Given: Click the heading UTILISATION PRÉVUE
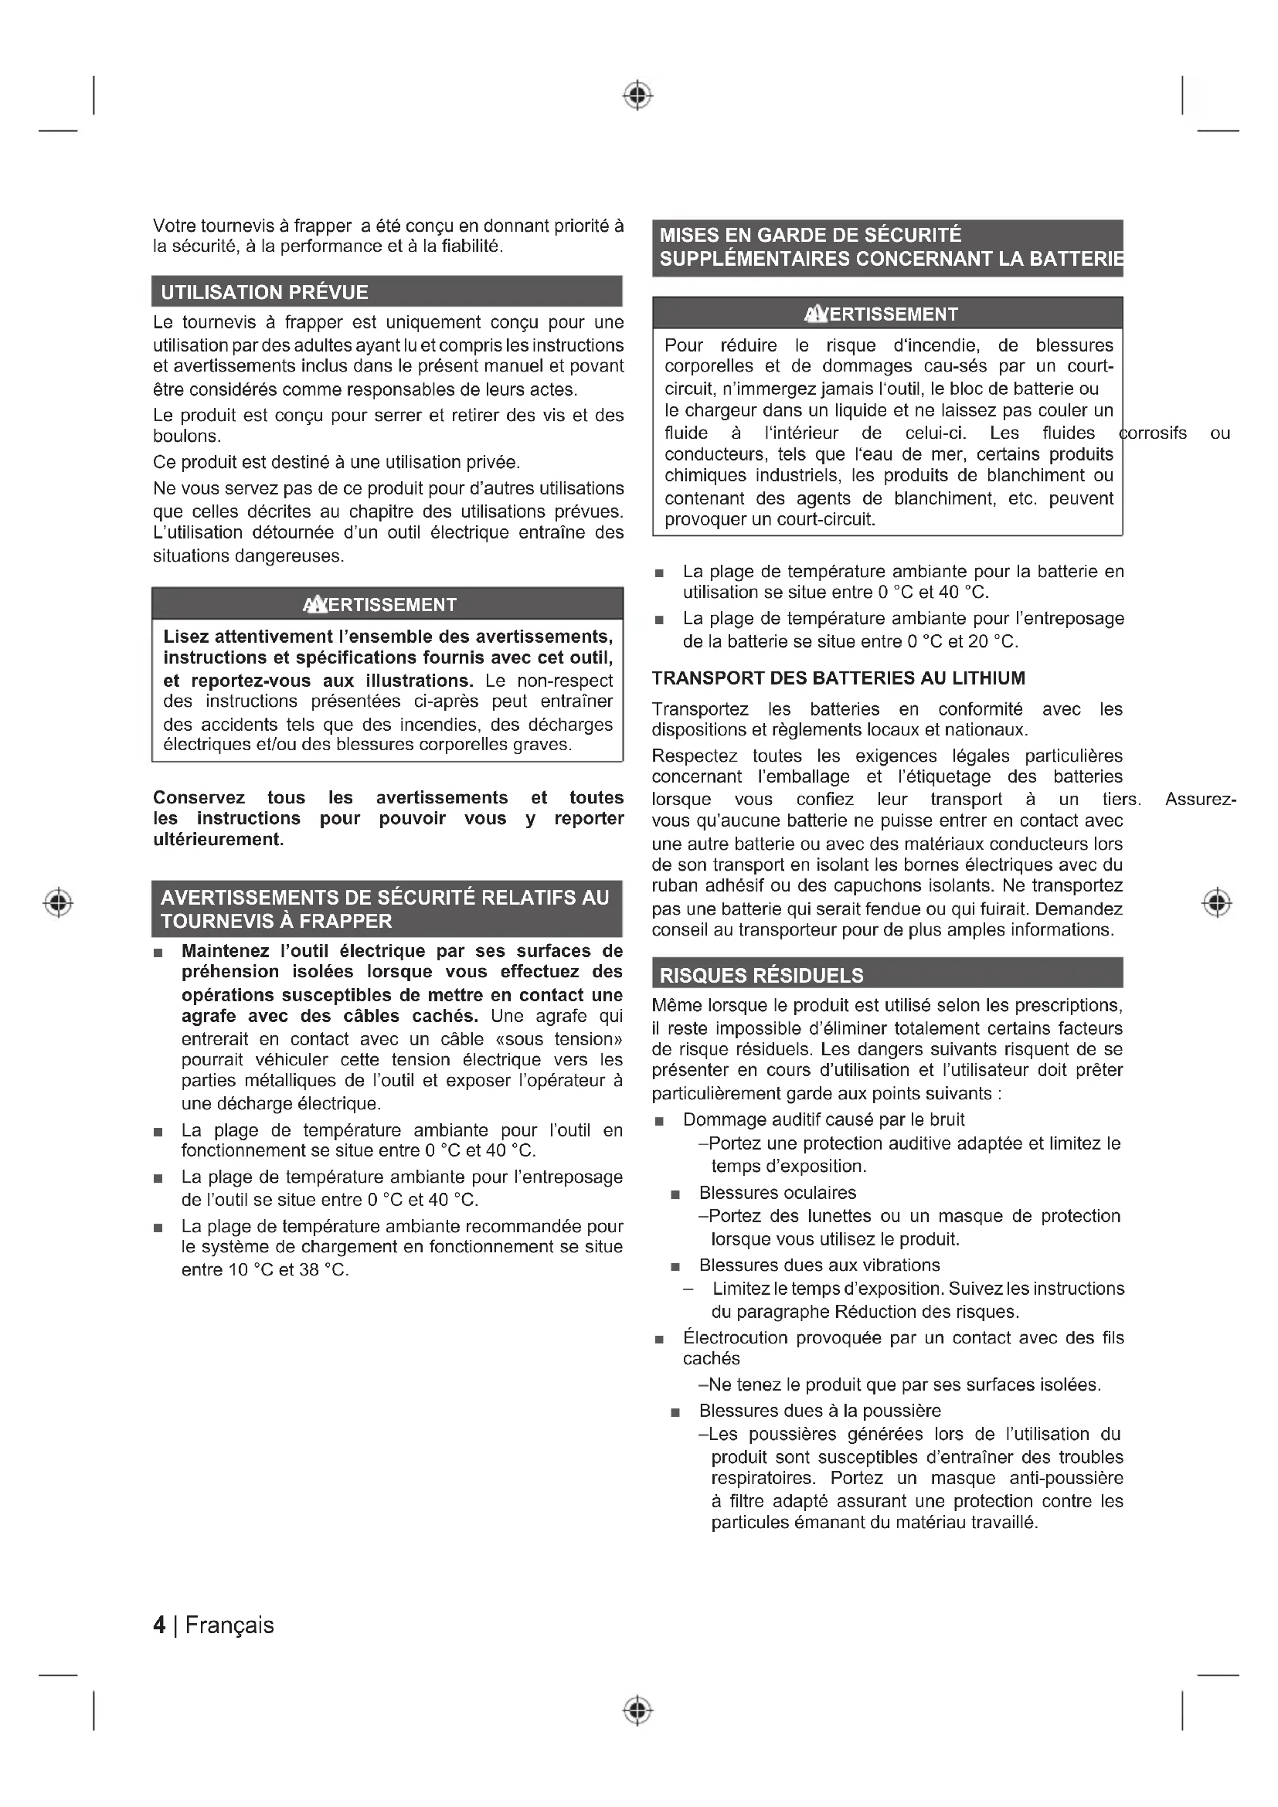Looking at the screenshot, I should tap(264, 293).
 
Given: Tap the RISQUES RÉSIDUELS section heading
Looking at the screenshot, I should tap(761, 976).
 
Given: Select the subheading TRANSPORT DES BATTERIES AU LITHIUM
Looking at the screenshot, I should tap(838, 678).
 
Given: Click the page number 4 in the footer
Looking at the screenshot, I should tap(160, 1625).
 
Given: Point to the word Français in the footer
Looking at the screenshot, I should tap(229, 1625).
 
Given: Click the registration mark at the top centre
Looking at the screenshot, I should tap(637, 95).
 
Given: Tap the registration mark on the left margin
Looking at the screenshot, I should tap(58, 902).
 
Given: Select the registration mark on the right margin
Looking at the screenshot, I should tap(1217, 902).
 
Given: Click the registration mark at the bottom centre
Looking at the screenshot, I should tap(637, 1711).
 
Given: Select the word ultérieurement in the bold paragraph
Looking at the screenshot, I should tap(216, 840).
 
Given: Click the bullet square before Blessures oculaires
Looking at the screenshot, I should tap(675, 1194).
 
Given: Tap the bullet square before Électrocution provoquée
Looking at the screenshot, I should tap(659, 1340).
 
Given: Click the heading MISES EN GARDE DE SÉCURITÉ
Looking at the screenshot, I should tap(811, 236).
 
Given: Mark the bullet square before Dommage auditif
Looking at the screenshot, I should tap(659, 1122).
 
